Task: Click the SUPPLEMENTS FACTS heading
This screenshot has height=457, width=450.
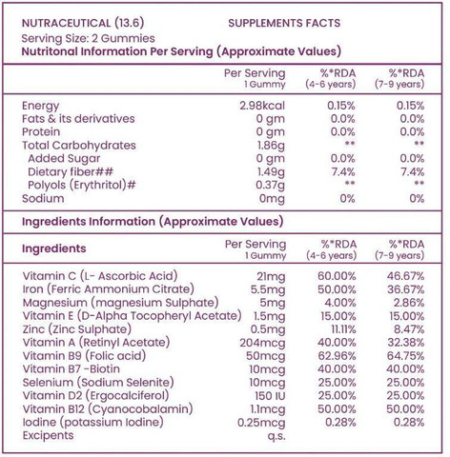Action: [x=284, y=23]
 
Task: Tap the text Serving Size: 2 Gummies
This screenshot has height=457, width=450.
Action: [x=88, y=38]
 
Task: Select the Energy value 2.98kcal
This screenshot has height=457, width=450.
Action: [x=262, y=106]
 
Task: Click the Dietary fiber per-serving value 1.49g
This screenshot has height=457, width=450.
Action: [x=271, y=172]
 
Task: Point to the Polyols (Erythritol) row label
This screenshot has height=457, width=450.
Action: [x=82, y=185]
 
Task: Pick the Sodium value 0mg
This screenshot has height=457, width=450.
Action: [x=272, y=199]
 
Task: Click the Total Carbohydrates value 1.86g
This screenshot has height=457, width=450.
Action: [x=271, y=146]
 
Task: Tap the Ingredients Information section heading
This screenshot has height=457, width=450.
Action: [x=153, y=222]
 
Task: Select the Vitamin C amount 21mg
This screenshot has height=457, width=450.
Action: [x=271, y=277]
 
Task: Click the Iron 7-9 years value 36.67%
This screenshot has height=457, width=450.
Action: [x=405, y=289]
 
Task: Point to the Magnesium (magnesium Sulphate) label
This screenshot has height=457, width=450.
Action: [x=120, y=303]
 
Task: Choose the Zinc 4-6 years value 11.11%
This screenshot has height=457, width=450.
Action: [x=343, y=329]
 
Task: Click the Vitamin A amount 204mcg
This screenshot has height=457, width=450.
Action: [x=262, y=343]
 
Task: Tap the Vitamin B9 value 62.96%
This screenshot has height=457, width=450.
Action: [x=337, y=356]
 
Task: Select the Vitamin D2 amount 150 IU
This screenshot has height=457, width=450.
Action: [x=270, y=396]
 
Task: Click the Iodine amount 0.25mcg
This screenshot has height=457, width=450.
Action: [x=261, y=423]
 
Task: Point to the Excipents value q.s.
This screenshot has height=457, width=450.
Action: [x=276, y=436]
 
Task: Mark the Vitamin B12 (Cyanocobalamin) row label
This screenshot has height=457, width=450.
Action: [x=108, y=409]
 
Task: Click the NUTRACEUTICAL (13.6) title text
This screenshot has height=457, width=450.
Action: [x=83, y=23]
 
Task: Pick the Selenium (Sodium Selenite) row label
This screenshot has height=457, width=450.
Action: [x=98, y=383]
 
